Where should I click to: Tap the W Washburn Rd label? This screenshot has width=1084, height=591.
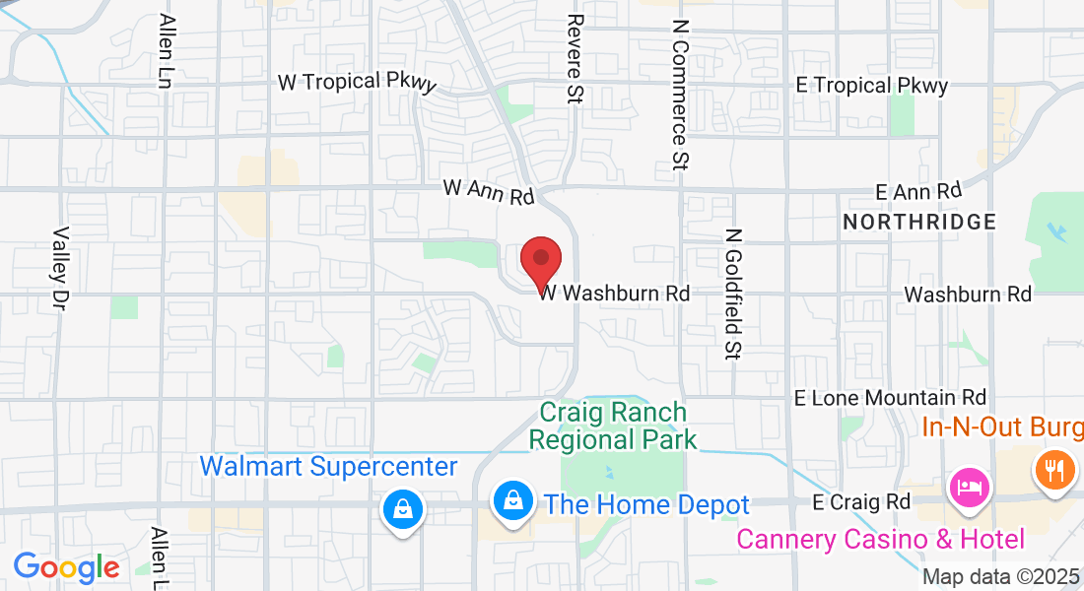pyautogui.click(x=613, y=293)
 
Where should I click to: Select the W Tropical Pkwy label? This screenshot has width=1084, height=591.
pyautogui.click(x=357, y=83)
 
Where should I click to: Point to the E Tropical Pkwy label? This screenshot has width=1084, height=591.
pyautogui.click(x=872, y=86)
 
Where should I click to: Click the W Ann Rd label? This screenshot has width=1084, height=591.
pyautogui.click(x=488, y=190)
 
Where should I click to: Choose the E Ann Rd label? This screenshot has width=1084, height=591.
pyautogui.click(x=918, y=190)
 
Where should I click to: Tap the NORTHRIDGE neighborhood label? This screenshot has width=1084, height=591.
pyautogui.click(x=919, y=222)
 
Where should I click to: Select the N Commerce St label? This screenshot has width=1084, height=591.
pyautogui.click(x=679, y=94)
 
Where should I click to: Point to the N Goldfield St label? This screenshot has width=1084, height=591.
pyautogui.click(x=732, y=293)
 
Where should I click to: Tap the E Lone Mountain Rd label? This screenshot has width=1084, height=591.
pyautogui.click(x=890, y=398)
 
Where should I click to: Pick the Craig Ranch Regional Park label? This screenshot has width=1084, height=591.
pyautogui.click(x=612, y=426)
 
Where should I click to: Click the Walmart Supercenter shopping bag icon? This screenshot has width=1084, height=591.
pyautogui.click(x=402, y=508)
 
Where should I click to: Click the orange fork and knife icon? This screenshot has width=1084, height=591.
pyautogui.click(x=1053, y=470)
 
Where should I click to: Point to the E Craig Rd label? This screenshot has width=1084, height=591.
pyautogui.click(x=860, y=502)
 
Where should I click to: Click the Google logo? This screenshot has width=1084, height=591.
pyautogui.click(x=66, y=567)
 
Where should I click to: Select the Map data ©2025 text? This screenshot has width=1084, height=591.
pyautogui.click(x=1001, y=577)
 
